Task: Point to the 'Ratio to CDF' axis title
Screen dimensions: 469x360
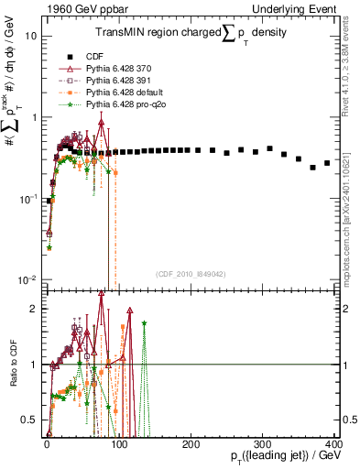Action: click(x=11, y=377)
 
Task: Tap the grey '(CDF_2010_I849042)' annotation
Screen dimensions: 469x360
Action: click(x=191, y=273)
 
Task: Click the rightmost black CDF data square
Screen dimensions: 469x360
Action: click(x=327, y=163)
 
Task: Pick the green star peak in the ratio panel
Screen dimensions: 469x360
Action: click(x=144, y=322)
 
